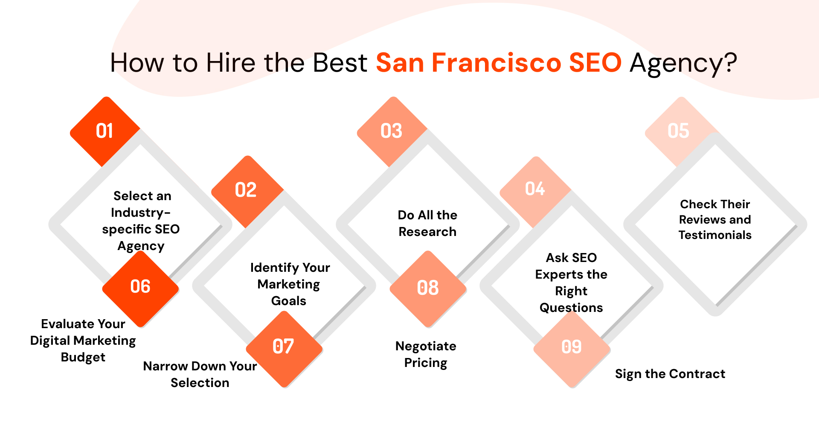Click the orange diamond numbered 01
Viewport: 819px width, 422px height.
pos(105,131)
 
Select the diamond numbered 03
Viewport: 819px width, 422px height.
pos(392,131)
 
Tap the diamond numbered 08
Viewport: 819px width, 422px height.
pos(428,289)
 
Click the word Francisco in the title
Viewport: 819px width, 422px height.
pos(497,63)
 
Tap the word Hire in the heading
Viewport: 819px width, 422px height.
pos(231,63)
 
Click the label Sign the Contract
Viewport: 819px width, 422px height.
pos(670,374)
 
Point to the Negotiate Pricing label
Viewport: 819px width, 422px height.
pos(426,354)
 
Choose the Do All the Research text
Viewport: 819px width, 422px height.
pos(427,223)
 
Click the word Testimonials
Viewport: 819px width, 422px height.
pos(715,235)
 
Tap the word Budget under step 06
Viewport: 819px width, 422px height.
pos(83,358)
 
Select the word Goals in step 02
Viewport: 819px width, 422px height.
pos(289,301)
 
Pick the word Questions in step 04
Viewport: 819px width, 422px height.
pos(571,308)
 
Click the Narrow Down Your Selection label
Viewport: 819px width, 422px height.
pos(200,374)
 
